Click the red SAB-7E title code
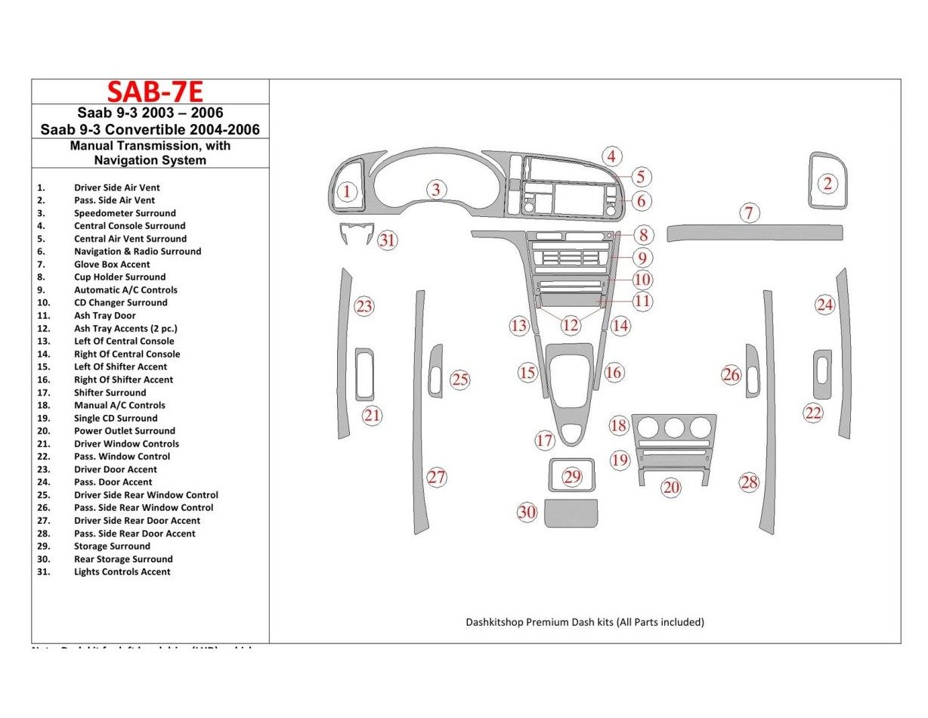tap(155, 91)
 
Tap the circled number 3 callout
tap(436, 190)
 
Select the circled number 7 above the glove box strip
tap(748, 213)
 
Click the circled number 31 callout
tap(387, 240)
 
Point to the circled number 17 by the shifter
tap(545, 441)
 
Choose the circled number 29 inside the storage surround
tap(572, 476)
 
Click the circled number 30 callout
tap(527, 512)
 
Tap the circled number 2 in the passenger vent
tap(827, 183)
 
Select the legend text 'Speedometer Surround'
tap(125, 213)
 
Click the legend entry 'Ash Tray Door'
tap(105, 315)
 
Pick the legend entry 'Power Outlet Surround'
tap(124, 431)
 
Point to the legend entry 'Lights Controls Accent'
tap(122, 572)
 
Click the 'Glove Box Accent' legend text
tap(112, 265)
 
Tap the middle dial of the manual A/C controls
tap(673, 429)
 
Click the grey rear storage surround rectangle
tap(571, 513)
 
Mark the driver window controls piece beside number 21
tap(364, 374)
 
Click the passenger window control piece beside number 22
tap(822, 374)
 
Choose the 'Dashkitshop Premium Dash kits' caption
tap(584, 622)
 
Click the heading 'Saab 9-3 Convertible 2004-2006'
tap(150, 129)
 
